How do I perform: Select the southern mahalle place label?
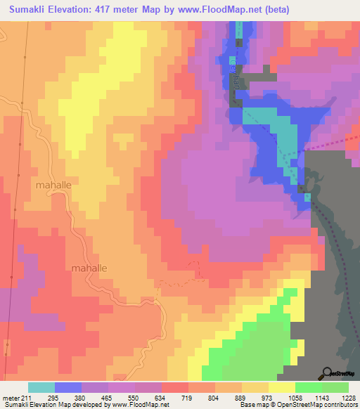click(90, 268)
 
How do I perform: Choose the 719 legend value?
click(188, 398)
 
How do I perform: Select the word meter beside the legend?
click(11, 398)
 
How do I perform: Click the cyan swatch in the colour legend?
click(41, 387)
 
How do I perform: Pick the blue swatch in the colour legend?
click(68, 387)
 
